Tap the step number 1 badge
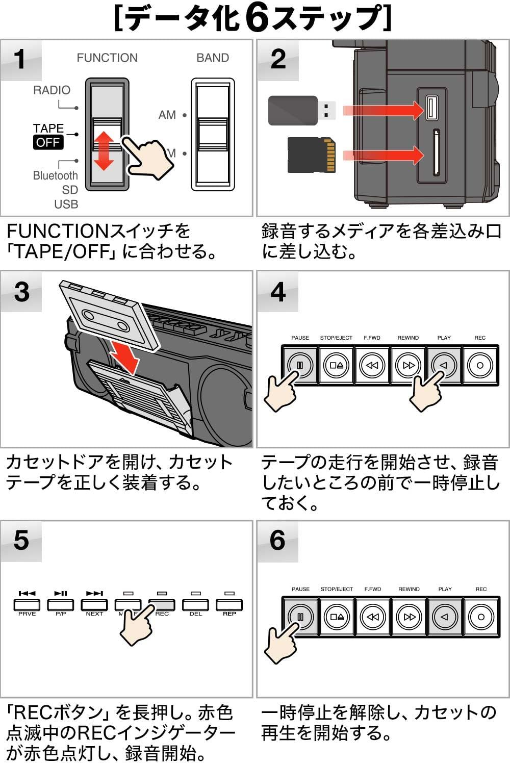click(20, 59)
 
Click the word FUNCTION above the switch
click(107, 58)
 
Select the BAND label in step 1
click(213, 58)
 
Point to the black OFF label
click(48, 142)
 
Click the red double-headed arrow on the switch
click(104, 150)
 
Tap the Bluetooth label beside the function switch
click(55, 175)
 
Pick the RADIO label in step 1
click(52, 90)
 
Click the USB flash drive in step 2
click(301, 110)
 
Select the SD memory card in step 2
click(312, 155)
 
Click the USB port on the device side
click(431, 108)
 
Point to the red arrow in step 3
click(125, 356)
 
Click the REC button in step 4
click(480, 365)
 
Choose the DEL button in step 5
click(195, 605)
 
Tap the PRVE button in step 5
click(27, 605)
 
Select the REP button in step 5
click(229, 605)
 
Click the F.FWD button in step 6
click(373, 617)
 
